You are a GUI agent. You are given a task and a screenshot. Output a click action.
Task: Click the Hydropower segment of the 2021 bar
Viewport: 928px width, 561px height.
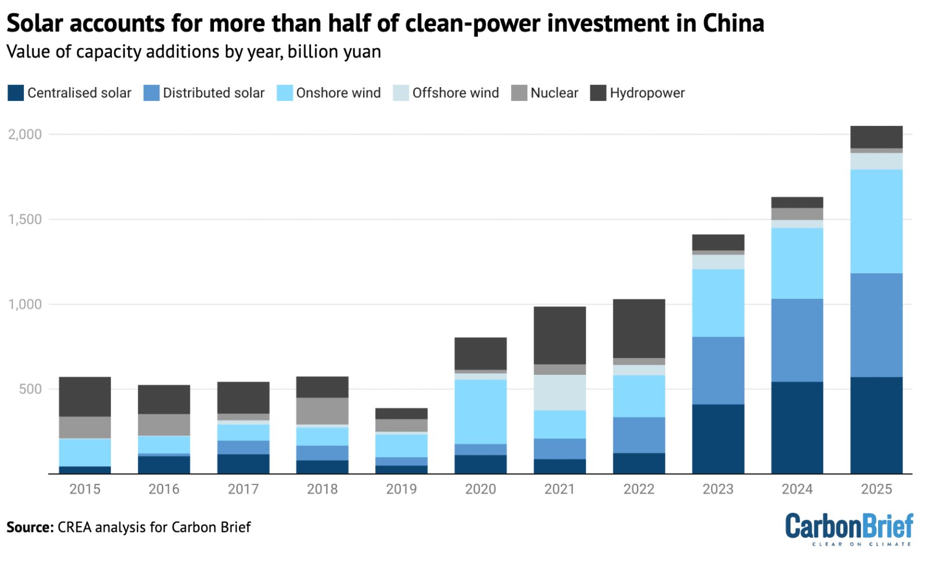point(559,335)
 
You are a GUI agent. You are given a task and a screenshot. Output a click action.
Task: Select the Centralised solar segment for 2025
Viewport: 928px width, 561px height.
point(876,425)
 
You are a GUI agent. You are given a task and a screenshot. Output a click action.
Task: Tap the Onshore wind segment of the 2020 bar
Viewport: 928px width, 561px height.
point(480,411)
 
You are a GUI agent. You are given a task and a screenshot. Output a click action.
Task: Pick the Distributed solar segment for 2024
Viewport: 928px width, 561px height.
point(796,340)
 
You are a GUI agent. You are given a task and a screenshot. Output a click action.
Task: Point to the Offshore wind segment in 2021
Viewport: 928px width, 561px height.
point(559,392)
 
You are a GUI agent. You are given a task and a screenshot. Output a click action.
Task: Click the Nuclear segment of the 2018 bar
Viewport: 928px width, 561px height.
point(322,411)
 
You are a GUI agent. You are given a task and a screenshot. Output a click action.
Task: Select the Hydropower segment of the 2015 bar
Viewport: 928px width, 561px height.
point(85,396)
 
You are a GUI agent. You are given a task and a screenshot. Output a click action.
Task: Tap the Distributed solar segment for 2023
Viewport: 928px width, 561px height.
point(717,370)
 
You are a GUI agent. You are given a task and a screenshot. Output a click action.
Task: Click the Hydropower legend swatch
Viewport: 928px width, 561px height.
point(598,93)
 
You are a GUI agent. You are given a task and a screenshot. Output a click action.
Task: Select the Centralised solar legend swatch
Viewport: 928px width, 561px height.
point(16,93)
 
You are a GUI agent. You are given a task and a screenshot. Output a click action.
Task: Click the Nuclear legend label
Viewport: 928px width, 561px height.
point(554,93)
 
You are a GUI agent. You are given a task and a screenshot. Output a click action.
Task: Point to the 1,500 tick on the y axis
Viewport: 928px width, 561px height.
point(25,219)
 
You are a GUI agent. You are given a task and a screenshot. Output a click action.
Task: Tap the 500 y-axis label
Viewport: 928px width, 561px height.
point(30,389)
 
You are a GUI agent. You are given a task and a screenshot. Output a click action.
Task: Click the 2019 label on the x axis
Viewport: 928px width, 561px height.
point(401,489)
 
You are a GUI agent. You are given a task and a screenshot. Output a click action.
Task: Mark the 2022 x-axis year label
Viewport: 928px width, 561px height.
point(639,489)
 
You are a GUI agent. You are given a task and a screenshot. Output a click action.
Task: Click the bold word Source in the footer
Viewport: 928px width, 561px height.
point(30,527)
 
